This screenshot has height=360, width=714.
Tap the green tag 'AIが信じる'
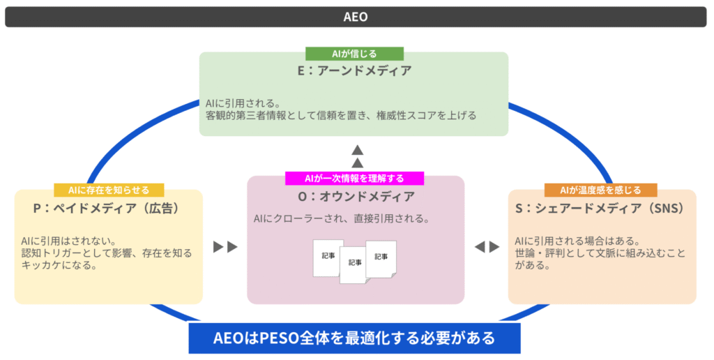[354, 54]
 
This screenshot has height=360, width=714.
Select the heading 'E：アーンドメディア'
[354, 70]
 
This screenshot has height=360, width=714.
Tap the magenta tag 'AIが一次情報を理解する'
[354, 178]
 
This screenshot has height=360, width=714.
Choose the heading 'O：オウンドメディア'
[354, 197]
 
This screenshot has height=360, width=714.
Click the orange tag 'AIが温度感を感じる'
[600, 190]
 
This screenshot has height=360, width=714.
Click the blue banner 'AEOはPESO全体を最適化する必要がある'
[354, 338]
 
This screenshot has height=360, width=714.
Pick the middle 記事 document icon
[354, 264]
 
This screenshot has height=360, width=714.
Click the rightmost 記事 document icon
[381, 257]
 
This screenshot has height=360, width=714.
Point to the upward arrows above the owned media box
[357, 156]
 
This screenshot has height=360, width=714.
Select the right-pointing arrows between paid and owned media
[225, 246]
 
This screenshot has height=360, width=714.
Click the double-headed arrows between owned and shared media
[486, 246]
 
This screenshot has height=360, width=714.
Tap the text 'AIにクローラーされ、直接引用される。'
[341, 219]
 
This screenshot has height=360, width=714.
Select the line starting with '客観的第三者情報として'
[341, 116]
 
